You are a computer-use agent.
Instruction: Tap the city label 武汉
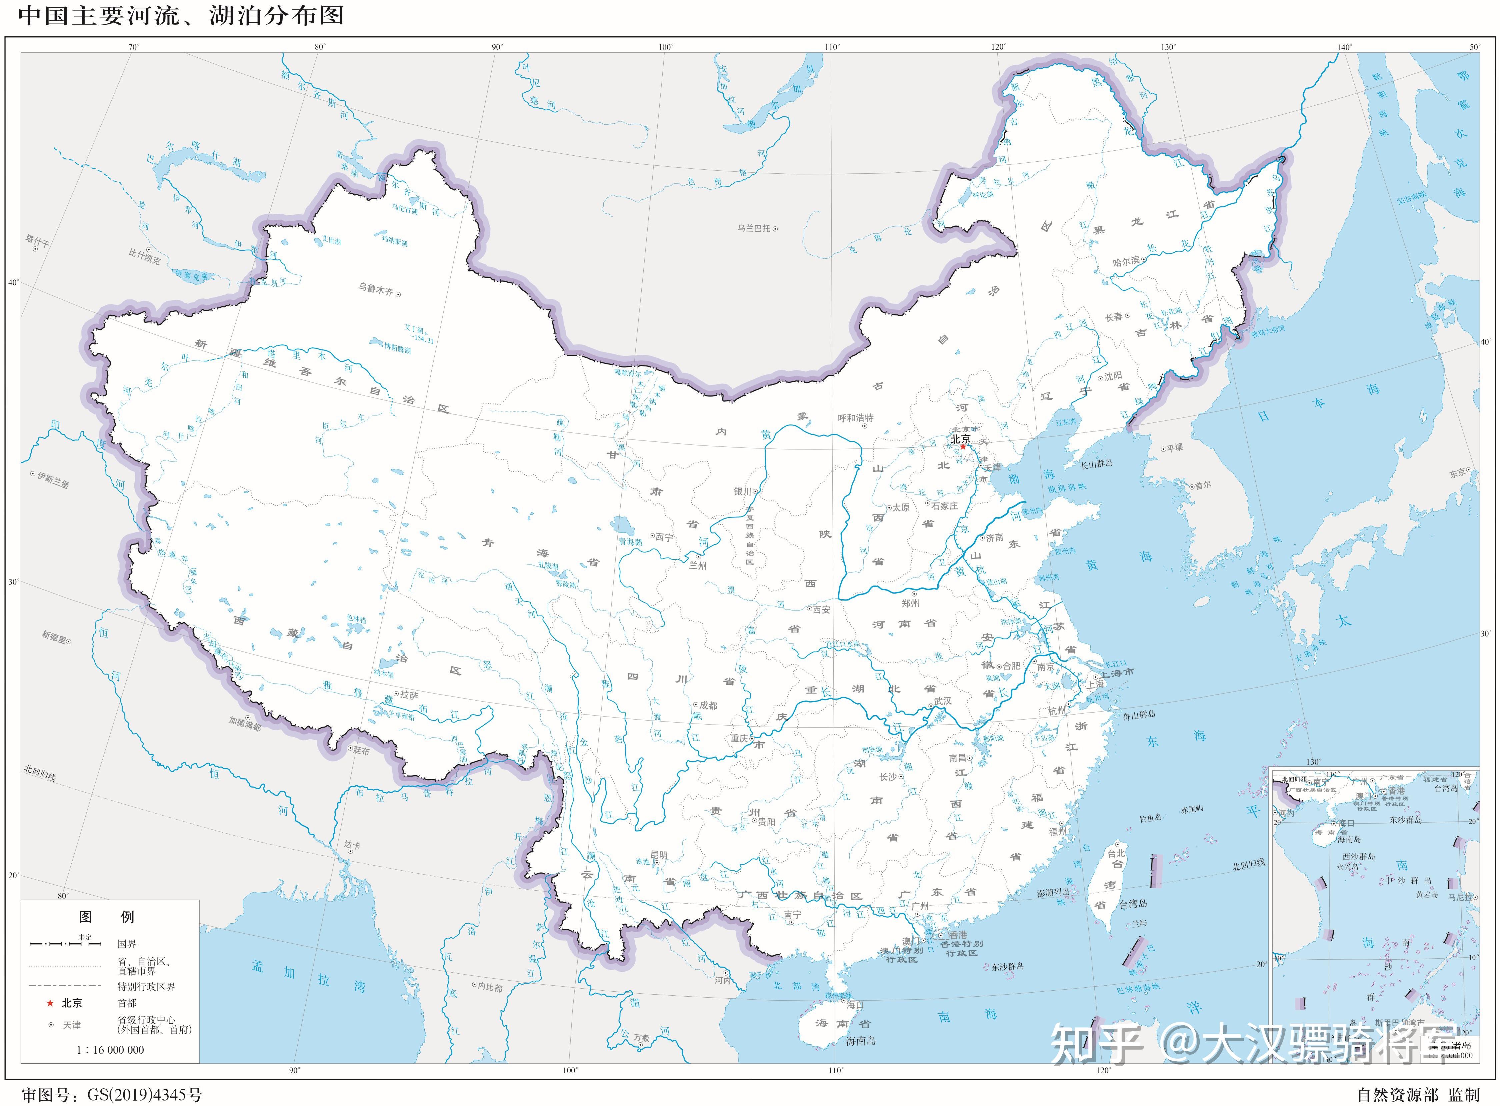point(943,700)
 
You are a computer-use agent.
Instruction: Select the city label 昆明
point(659,855)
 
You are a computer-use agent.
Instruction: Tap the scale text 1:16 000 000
point(110,1050)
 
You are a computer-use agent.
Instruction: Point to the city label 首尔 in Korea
point(1202,485)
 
